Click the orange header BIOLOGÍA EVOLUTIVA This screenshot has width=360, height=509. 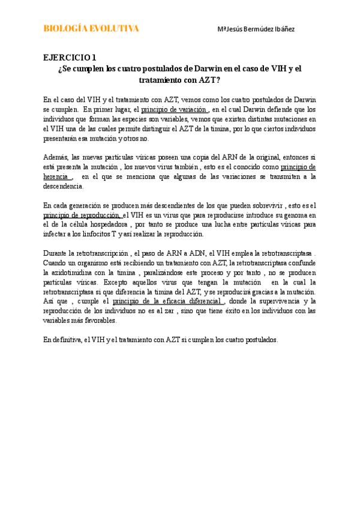[91, 29]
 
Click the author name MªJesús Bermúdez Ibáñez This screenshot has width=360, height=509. [256, 29]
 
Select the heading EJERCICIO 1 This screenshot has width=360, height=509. [69, 58]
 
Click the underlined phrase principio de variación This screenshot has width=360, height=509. [174, 110]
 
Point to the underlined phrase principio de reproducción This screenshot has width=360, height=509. [82, 215]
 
